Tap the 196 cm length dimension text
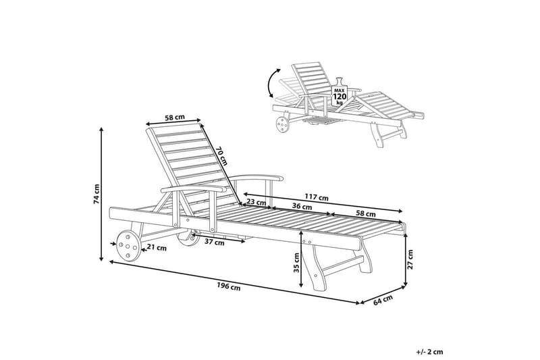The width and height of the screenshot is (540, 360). (229, 286)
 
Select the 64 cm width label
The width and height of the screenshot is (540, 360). (383, 300)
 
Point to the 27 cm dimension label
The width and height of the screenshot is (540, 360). (410, 260)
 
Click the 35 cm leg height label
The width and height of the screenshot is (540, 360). (296, 263)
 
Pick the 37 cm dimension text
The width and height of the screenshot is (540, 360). (215, 242)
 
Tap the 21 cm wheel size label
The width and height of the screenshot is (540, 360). (157, 247)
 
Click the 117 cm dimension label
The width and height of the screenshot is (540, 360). (317, 198)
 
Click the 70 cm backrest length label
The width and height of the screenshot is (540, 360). (222, 155)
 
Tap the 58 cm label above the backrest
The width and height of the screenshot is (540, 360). (175, 117)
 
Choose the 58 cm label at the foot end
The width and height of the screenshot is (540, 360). (366, 214)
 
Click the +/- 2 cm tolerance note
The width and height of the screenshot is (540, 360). (429, 352)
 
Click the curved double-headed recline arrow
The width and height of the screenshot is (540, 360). (273, 82)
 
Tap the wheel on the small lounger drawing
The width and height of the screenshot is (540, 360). (283, 124)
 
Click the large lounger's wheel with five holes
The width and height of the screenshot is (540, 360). (128, 246)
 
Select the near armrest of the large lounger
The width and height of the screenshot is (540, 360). (194, 188)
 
